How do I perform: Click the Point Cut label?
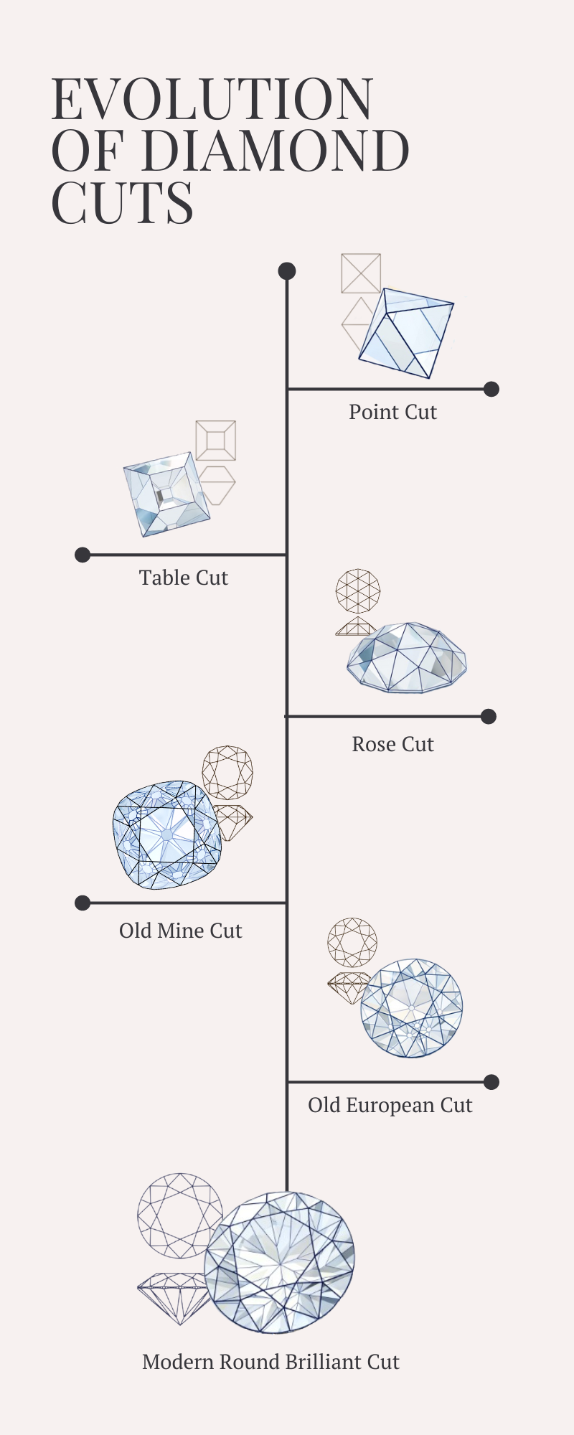coord(392,412)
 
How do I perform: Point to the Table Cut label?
coord(184,578)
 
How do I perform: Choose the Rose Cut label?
coord(392,744)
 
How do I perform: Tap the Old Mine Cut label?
coord(181,931)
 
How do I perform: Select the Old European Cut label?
coord(390,1105)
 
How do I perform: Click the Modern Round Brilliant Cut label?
coord(270,1362)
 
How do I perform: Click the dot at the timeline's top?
coord(287,271)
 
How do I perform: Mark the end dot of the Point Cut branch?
coord(491,389)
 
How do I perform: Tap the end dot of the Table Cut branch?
coord(83,555)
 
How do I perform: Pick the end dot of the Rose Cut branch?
coord(489,716)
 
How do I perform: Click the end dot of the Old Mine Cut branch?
coord(83,903)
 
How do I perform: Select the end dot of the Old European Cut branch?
coord(491,1082)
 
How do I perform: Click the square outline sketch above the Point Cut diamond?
coord(361,273)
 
